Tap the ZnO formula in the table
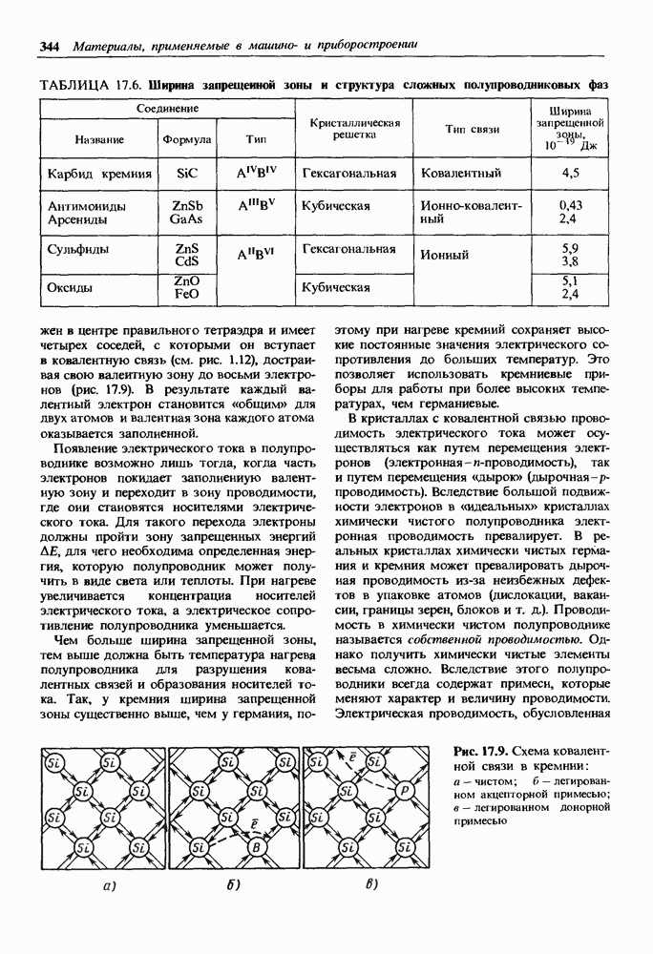(x=186, y=281)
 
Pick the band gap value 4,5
(x=571, y=174)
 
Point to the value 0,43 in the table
(x=571, y=205)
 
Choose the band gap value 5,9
(x=571, y=248)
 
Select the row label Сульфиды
(x=78, y=250)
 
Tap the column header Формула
(x=187, y=139)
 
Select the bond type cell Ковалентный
(x=455, y=174)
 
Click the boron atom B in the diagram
(x=254, y=846)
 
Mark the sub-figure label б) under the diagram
(x=233, y=884)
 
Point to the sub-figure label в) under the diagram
(x=371, y=884)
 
